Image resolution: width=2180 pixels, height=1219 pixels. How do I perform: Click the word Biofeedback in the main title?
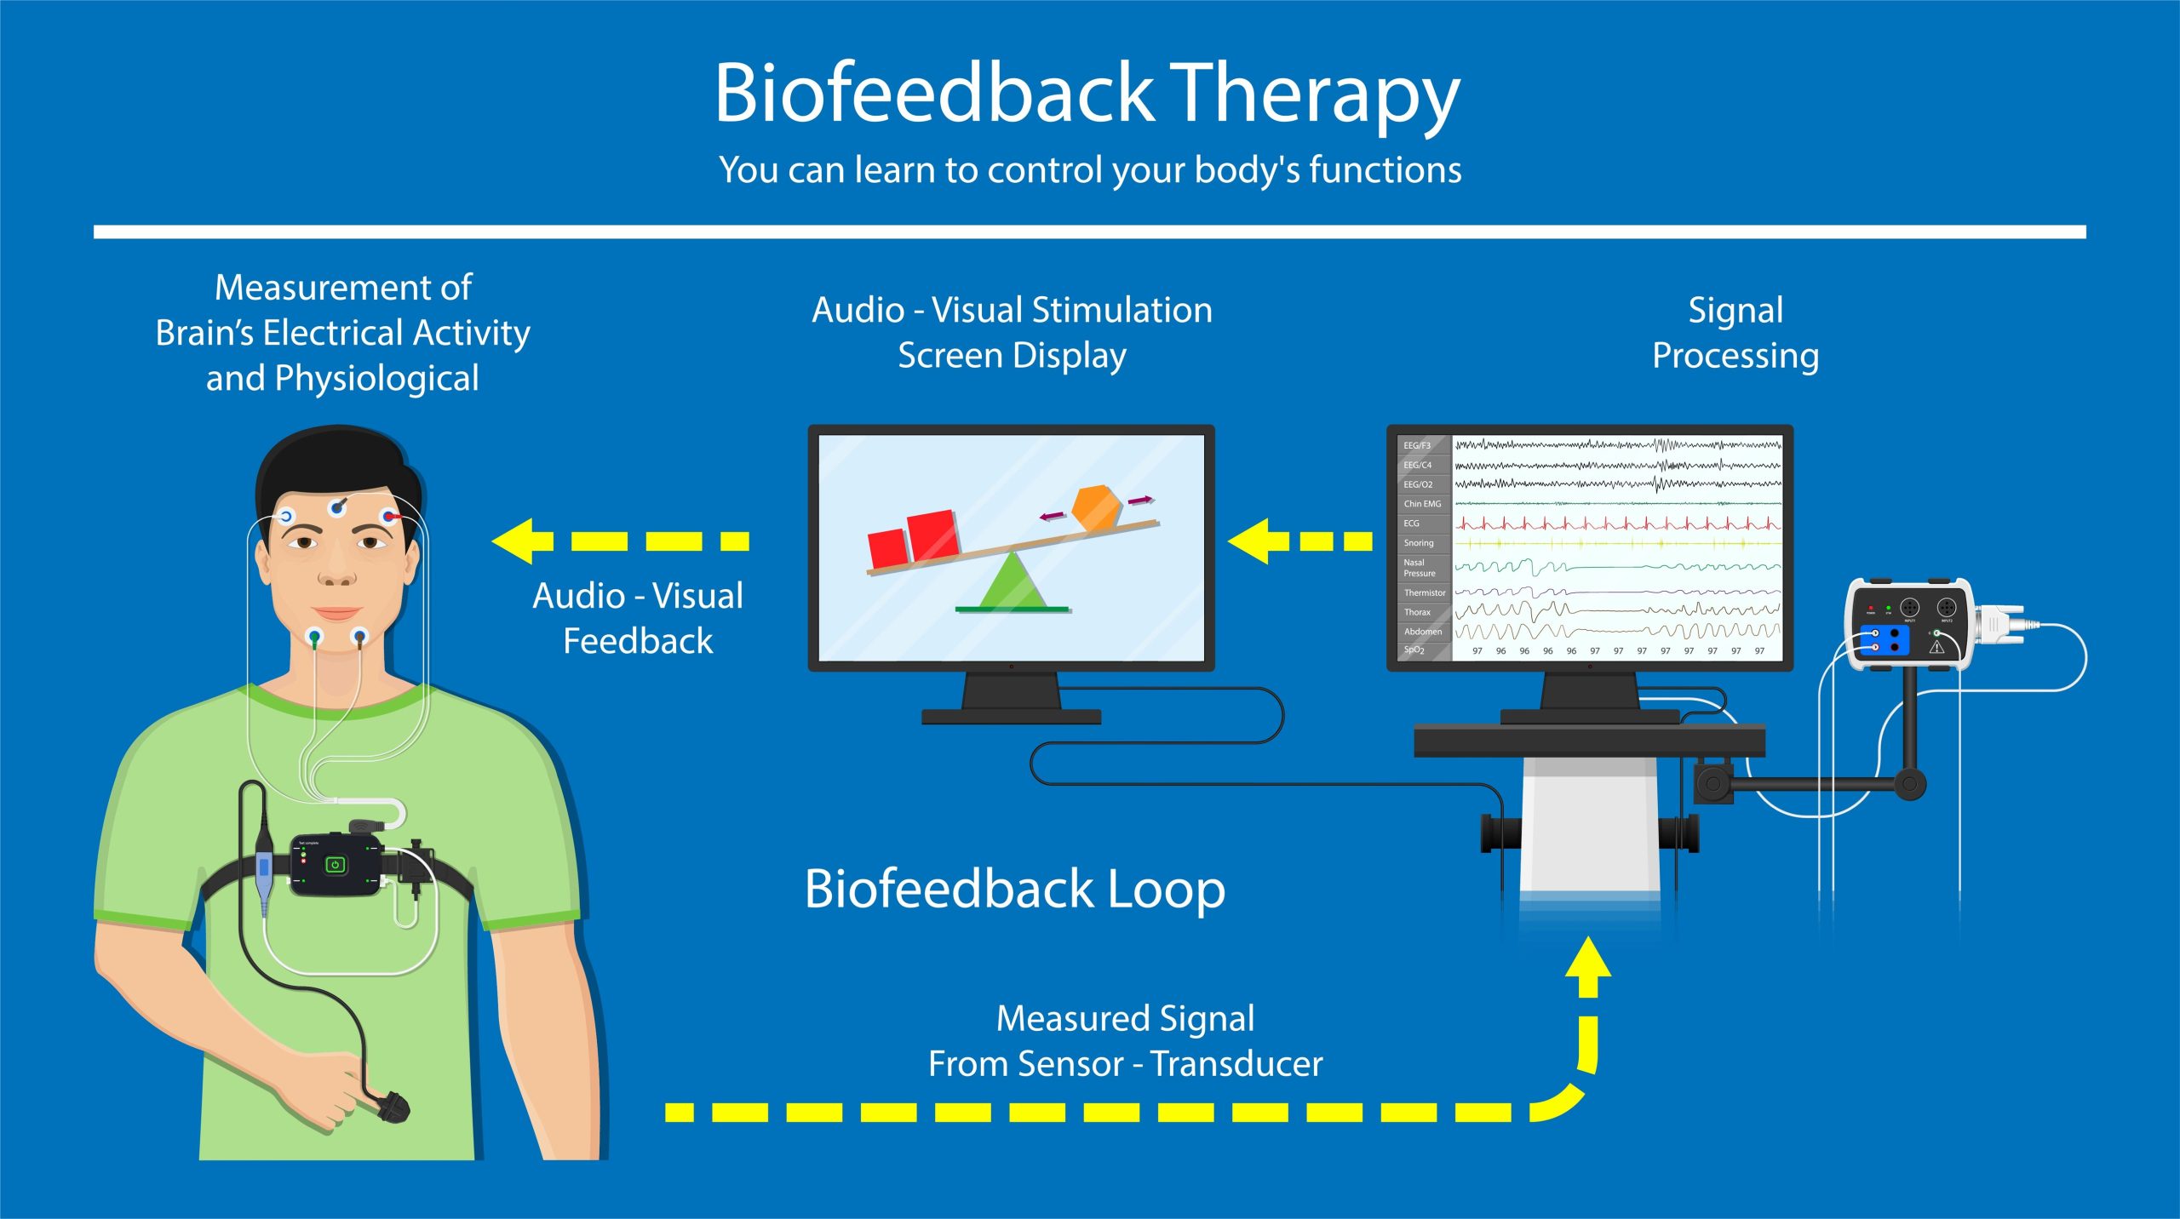click(933, 94)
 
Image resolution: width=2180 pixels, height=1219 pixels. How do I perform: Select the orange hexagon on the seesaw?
click(1095, 508)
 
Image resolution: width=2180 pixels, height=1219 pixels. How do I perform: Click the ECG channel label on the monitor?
click(1412, 524)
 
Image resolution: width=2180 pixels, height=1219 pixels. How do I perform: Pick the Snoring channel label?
click(1419, 543)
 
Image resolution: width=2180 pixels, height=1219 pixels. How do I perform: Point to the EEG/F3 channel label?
click(1417, 445)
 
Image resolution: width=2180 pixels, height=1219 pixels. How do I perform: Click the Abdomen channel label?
click(1423, 632)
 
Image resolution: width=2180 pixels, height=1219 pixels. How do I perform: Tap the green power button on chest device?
click(335, 865)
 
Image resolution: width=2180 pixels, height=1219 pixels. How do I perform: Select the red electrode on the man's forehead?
click(389, 516)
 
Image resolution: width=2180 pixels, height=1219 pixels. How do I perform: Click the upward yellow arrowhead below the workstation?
click(1587, 958)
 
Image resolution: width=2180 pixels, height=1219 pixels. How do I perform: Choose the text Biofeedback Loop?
click(1014, 890)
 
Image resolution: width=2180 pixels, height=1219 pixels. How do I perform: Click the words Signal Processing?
click(1735, 333)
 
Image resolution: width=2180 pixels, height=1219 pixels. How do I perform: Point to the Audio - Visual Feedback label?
click(638, 618)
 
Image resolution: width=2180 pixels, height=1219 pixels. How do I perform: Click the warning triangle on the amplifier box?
click(1936, 646)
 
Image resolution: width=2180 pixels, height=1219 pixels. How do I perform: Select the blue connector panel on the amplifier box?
click(1884, 640)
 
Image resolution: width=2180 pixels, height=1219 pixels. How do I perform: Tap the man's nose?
click(337, 570)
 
